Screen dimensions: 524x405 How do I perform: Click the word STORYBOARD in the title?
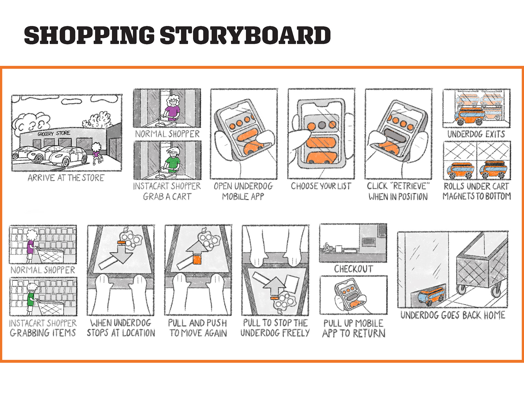click(245, 35)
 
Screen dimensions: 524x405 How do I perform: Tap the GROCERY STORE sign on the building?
click(54, 133)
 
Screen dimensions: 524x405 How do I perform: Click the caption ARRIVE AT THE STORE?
click(66, 178)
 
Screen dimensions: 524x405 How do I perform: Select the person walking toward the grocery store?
click(96, 153)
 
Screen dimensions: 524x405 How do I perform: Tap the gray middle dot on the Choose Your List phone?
click(321, 125)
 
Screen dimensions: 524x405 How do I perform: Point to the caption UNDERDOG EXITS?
click(476, 134)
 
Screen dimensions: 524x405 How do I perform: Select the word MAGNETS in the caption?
click(459, 196)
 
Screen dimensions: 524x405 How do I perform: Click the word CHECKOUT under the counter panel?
click(353, 269)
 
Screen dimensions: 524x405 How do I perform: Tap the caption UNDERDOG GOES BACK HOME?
click(453, 315)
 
